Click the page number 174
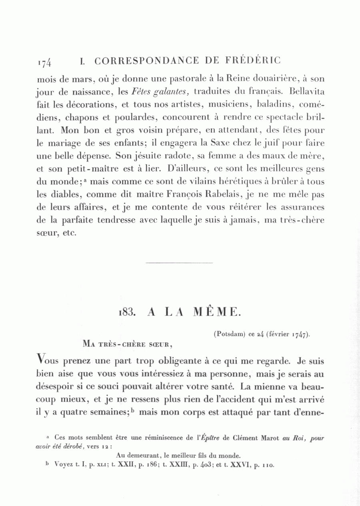(44, 62)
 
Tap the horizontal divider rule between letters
(180, 263)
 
